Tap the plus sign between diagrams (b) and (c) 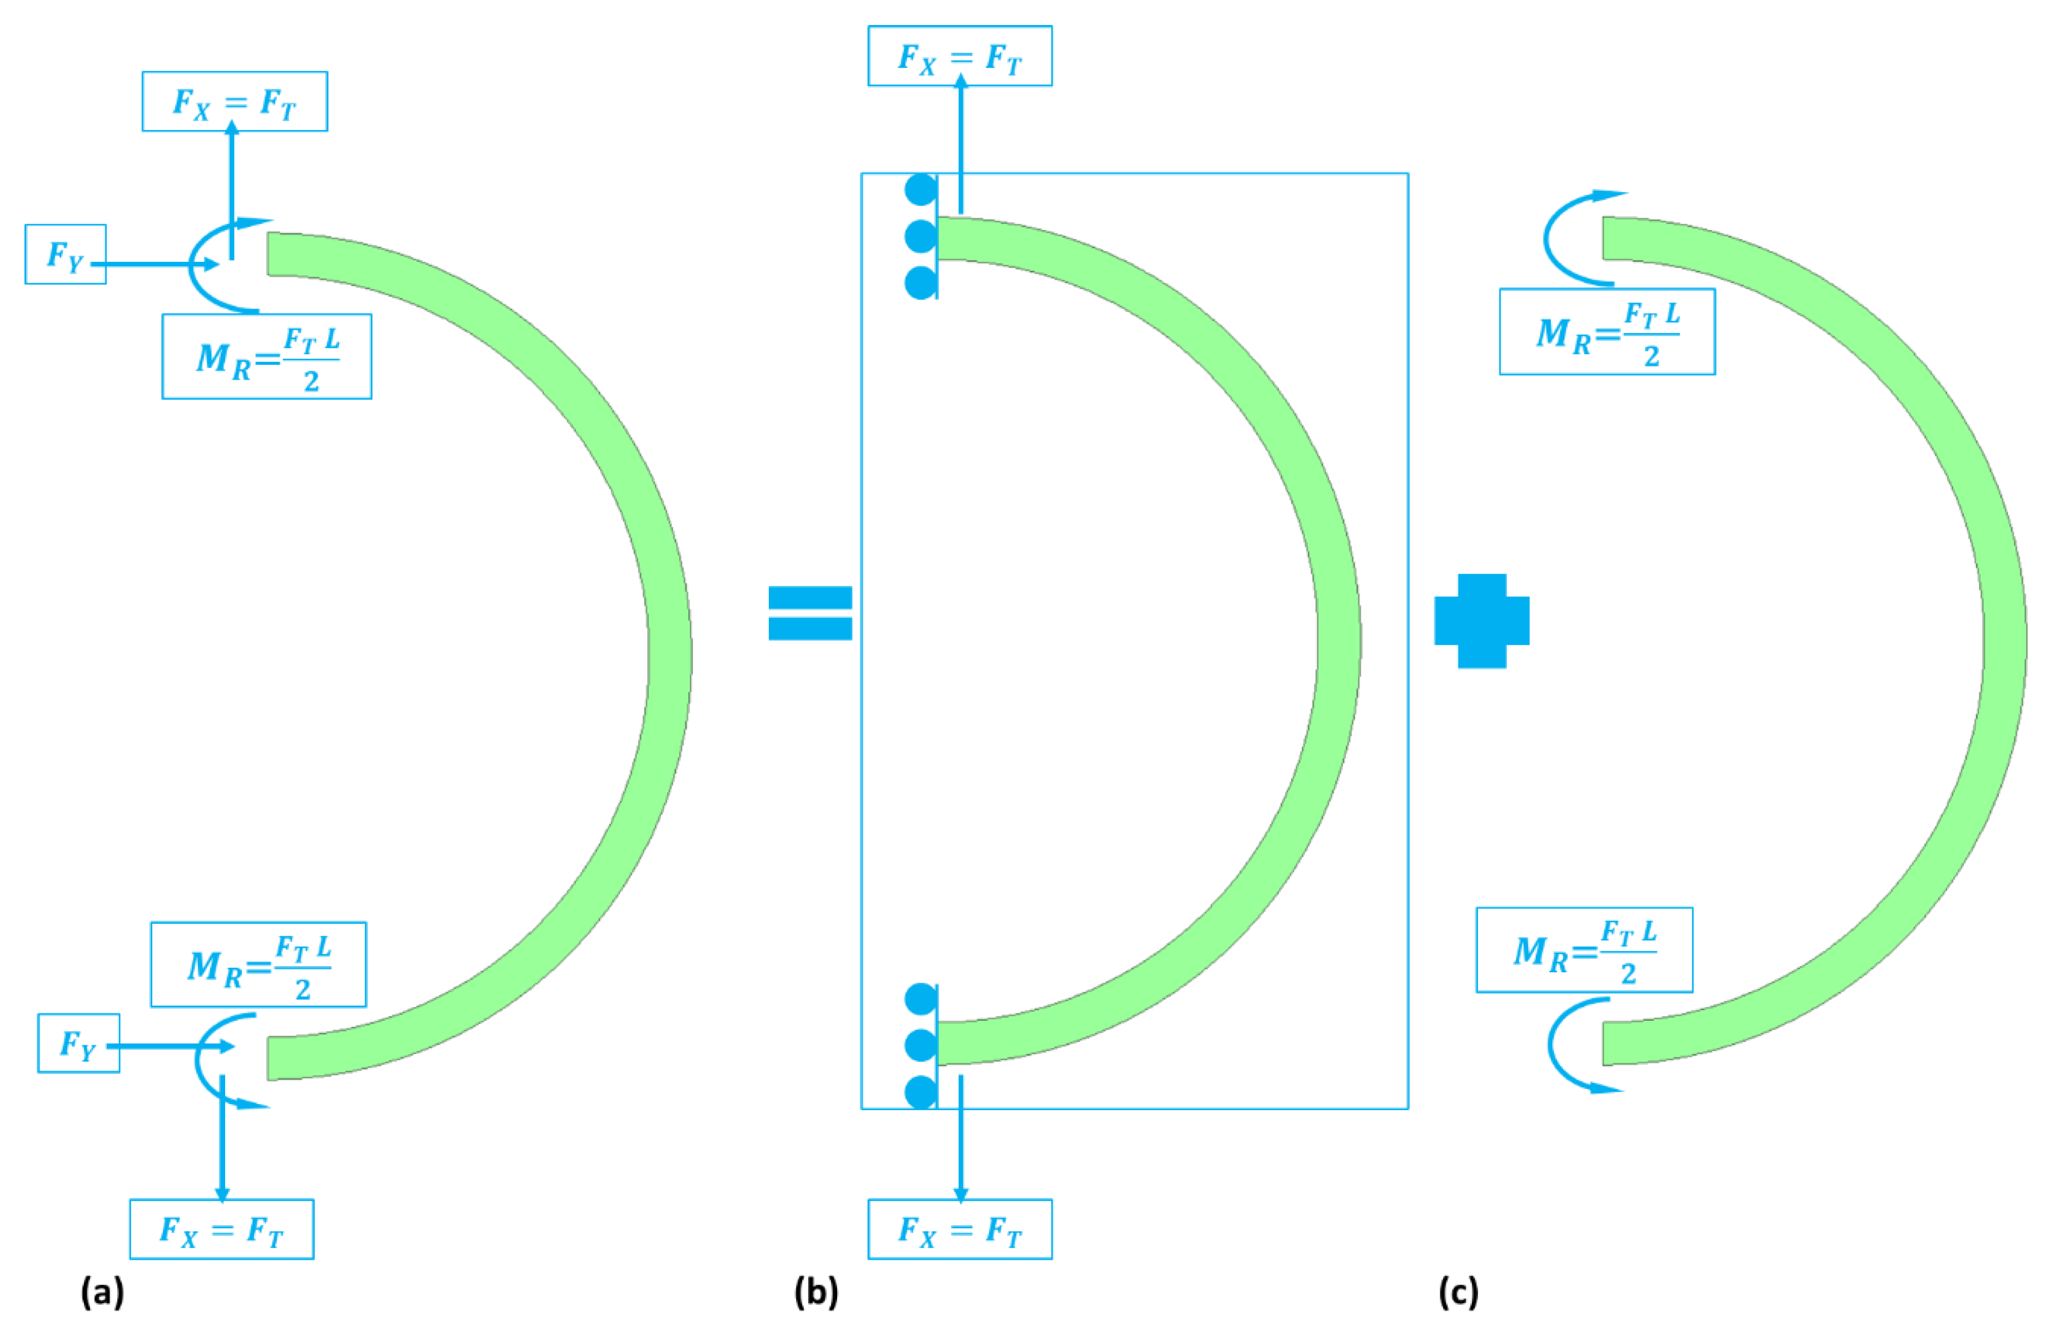(x=1481, y=620)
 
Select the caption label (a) (x=102, y=1291)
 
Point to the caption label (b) (x=815, y=1291)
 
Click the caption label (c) (x=1458, y=1291)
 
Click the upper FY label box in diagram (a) (x=65, y=255)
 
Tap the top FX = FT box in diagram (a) (x=235, y=101)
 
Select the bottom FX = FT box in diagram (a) (x=222, y=1229)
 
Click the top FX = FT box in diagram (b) (x=960, y=56)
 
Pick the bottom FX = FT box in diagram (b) (x=960, y=1229)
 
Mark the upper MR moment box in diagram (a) (x=266, y=356)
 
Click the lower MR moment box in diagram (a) (x=258, y=964)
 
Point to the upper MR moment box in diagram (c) (x=1607, y=332)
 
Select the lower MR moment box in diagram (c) (x=1584, y=950)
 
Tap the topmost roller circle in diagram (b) (x=921, y=189)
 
